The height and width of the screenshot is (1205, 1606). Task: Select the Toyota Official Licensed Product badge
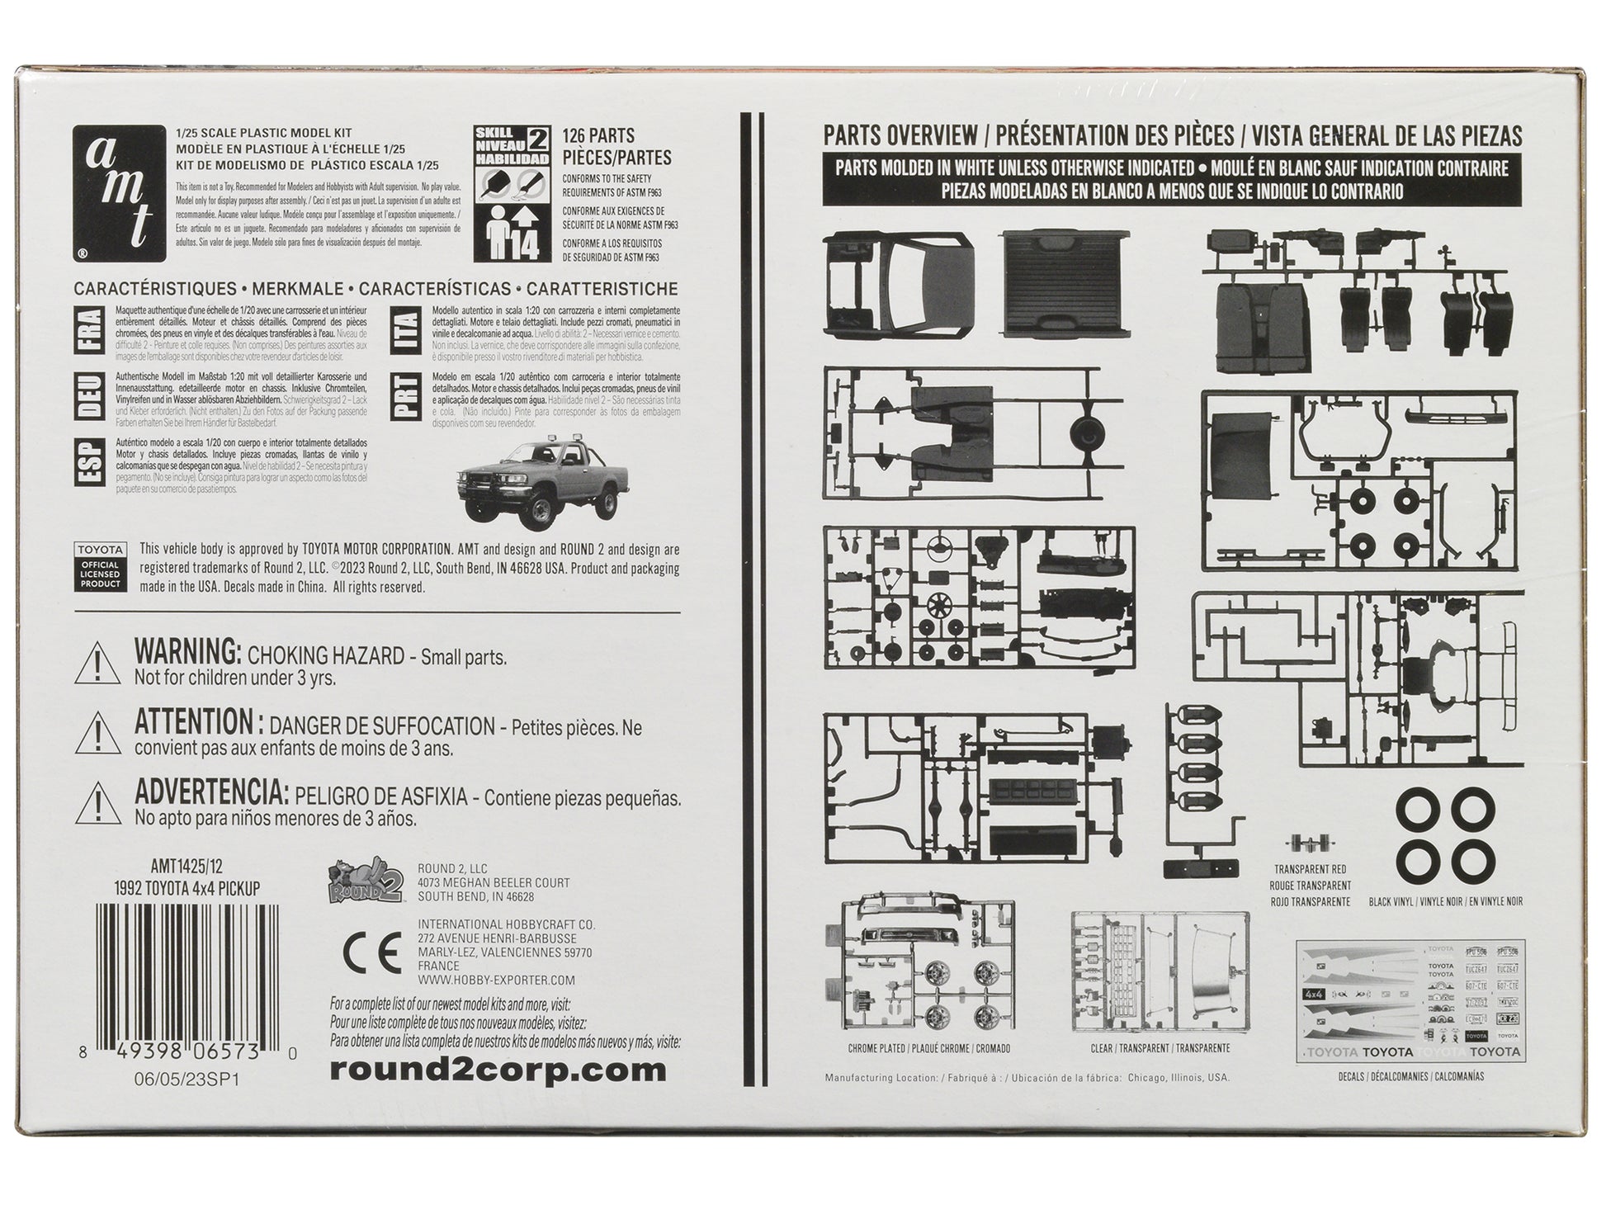tap(101, 566)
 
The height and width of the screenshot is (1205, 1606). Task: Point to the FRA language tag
tap(89, 330)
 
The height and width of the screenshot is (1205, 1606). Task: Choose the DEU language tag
tap(89, 395)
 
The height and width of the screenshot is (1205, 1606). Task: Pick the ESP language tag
tap(89, 462)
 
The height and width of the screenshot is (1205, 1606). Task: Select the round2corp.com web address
tap(497, 1070)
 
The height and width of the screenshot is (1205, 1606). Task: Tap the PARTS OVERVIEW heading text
tap(900, 136)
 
